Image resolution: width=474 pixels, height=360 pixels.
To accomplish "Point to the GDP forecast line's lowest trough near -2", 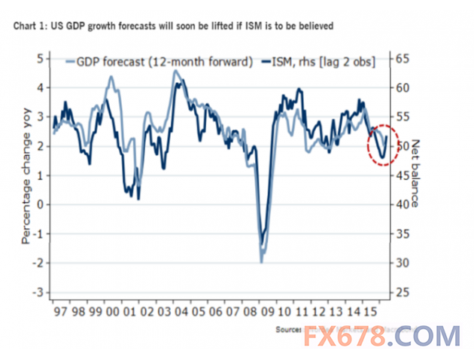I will (261, 261).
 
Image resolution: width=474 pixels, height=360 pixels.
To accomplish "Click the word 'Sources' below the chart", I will (287, 329).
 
